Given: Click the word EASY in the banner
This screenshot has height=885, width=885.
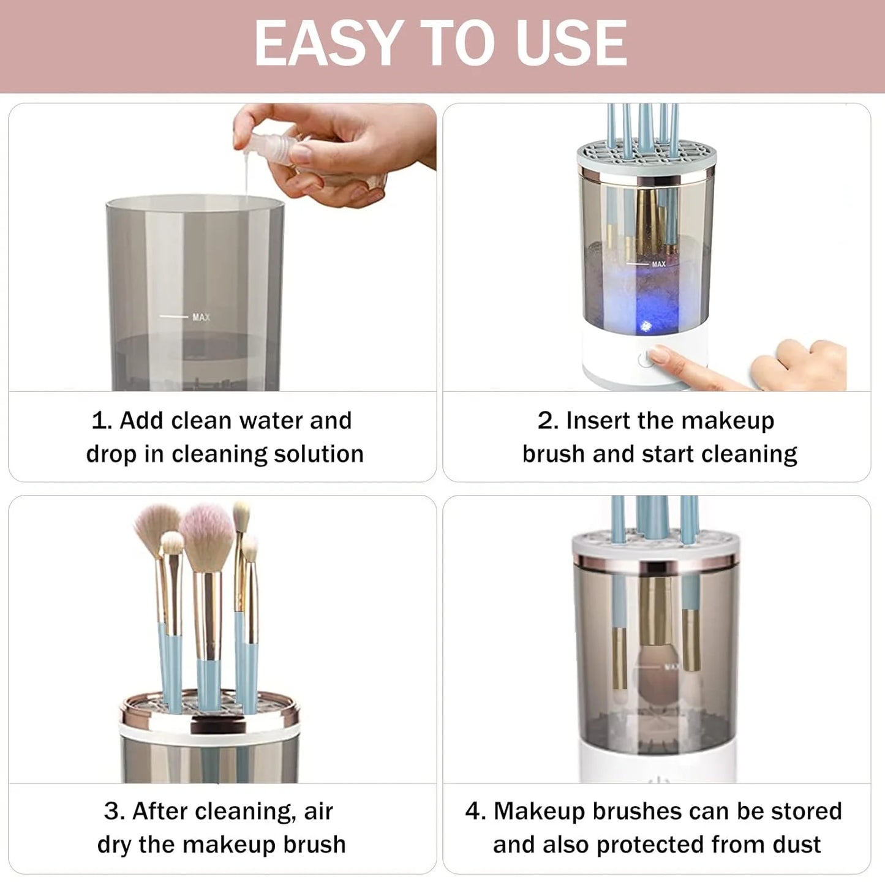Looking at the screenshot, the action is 326,43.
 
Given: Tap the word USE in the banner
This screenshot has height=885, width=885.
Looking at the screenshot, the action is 571,43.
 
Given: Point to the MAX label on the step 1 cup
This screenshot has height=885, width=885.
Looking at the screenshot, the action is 201,317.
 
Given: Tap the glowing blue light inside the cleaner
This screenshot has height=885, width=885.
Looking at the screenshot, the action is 646,326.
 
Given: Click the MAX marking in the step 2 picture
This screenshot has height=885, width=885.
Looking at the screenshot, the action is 658,264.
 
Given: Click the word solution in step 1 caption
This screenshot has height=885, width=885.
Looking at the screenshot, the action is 318,454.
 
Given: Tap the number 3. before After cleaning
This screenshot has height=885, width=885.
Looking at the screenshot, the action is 114,811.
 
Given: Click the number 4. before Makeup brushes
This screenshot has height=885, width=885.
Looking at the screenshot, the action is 475,811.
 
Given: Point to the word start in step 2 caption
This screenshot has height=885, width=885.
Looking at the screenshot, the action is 668,454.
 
